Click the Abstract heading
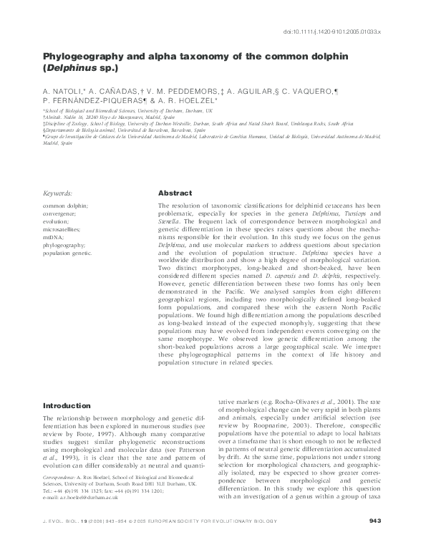[x=175, y=193]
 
